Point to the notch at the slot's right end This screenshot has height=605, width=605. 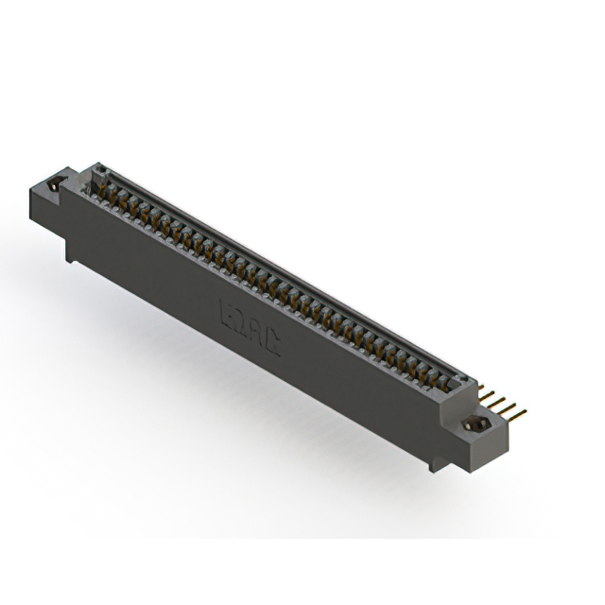point(463,379)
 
